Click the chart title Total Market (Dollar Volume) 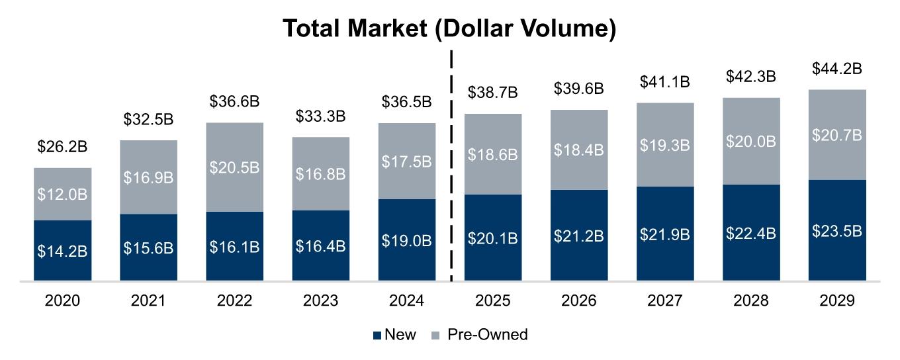click(x=450, y=29)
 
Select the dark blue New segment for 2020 click(x=63, y=251)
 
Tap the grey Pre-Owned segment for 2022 click(x=234, y=167)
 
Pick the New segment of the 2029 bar click(x=837, y=230)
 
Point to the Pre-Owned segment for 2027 click(x=665, y=144)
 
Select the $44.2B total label click(x=837, y=68)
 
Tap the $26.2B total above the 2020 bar click(x=63, y=146)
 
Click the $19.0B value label click(x=407, y=240)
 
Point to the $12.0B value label click(x=63, y=195)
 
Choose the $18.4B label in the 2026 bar click(x=579, y=150)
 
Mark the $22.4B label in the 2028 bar click(x=751, y=234)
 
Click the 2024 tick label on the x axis click(x=407, y=300)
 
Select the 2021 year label click(x=148, y=300)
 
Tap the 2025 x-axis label click(x=493, y=300)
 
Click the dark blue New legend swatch click(x=377, y=335)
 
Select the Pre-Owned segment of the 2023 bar click(x=320, y=173)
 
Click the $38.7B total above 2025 click(x=493, y=93)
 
